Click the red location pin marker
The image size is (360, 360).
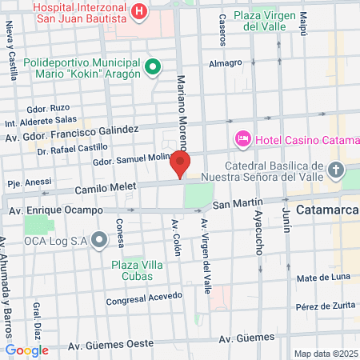180,165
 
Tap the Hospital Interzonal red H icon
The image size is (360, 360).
139,11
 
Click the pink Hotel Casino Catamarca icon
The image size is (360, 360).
242,140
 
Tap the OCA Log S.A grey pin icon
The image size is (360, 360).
99,239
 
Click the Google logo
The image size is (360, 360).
26,350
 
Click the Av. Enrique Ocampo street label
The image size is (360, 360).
55,210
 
